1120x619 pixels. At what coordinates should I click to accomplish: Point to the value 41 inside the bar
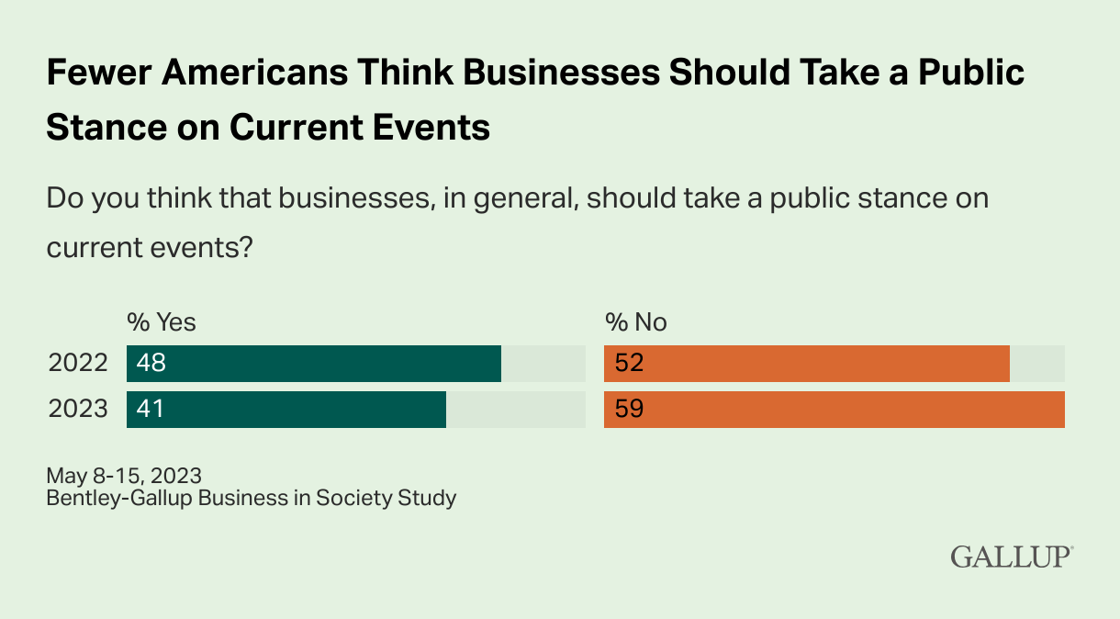(150, 409)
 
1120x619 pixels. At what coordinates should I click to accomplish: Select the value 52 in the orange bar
(629, 364)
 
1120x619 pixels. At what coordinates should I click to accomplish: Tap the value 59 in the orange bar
(629, 409)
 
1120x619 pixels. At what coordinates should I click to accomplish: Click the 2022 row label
(78, 364)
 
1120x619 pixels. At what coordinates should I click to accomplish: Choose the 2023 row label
(78, 409)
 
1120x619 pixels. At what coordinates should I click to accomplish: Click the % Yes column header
(162, 322)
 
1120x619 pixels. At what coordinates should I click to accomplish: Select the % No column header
(635, 322)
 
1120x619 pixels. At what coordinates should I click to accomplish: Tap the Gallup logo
(1012, 557)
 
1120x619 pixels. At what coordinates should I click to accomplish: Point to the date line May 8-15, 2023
(124, 476)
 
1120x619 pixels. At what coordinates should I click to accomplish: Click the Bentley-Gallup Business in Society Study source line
(251, 499)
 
